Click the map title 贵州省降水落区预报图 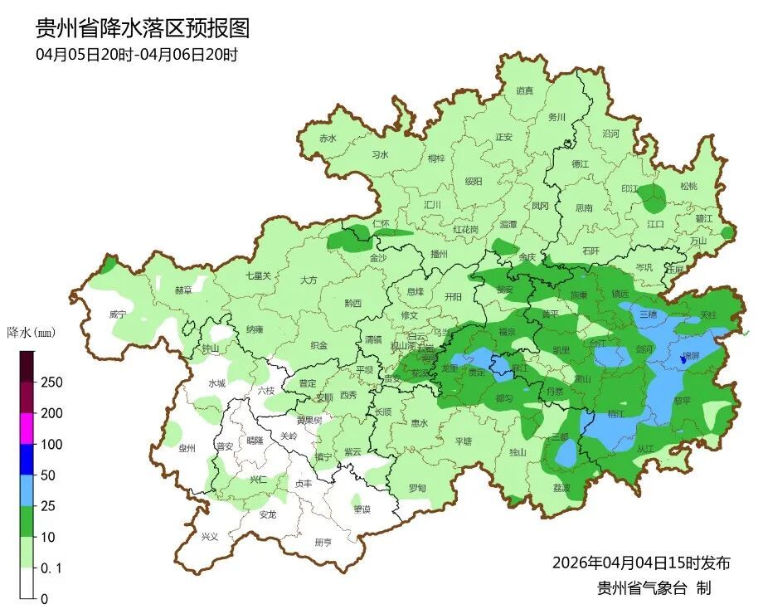(x=142, y=28)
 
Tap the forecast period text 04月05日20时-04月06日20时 (x=137, y=56)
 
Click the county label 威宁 (x=118, y=315)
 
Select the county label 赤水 (x=328, y=139)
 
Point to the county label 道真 (x=524, y=91)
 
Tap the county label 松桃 (x=688, y=186)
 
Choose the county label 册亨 (x=323, y=542)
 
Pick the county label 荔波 (x=561, y=488)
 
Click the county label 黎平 (x=682, y=398)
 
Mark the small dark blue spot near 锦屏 (x=683, y=358)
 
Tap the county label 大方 (x=309, y=280)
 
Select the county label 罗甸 (x=417, y=488)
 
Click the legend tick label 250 (x=51, y=382)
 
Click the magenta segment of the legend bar (x=27, y=428)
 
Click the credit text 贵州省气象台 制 (x=654, y=588)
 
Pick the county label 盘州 (x=187, y=448)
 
